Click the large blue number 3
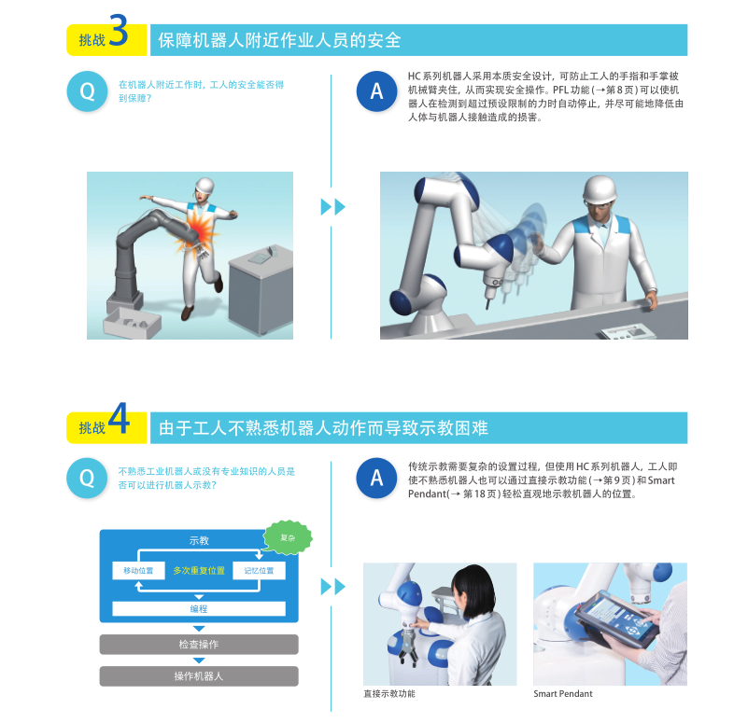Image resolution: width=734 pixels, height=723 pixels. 119,30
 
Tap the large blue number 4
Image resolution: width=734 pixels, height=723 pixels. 119,418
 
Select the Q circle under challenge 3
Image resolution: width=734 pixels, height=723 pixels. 87,91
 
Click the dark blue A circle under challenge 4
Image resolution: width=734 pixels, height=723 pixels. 377,478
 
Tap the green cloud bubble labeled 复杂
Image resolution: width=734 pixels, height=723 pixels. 288,537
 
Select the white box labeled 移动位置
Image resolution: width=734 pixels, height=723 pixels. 138,571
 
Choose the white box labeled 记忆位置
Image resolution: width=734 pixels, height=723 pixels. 259,571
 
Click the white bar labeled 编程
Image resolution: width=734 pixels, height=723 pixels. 199,608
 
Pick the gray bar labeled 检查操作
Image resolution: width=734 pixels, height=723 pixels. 199,645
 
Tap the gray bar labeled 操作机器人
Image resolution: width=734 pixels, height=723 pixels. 199,676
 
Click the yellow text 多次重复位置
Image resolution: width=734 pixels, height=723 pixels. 199,571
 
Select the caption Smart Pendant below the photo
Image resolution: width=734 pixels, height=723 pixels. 563,693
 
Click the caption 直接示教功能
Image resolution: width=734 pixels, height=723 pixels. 389,693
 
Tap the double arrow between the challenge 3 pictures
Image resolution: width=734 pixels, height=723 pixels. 332,207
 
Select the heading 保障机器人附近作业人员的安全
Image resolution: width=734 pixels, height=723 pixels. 279,40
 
